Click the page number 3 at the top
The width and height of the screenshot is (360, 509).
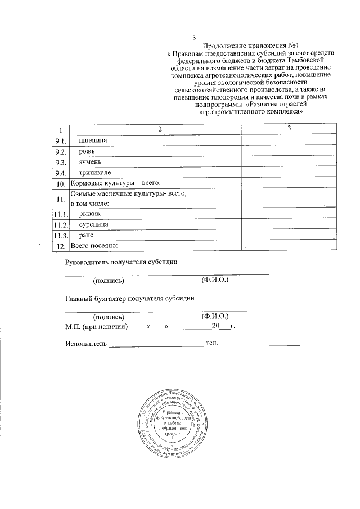194,38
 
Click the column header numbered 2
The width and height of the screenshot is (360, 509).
159,129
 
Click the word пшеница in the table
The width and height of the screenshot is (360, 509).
91,139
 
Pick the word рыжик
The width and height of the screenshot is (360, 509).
89,214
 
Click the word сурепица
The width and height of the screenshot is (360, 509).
93,224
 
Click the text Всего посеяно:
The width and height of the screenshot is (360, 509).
93,246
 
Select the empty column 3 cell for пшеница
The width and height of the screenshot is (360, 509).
289,140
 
